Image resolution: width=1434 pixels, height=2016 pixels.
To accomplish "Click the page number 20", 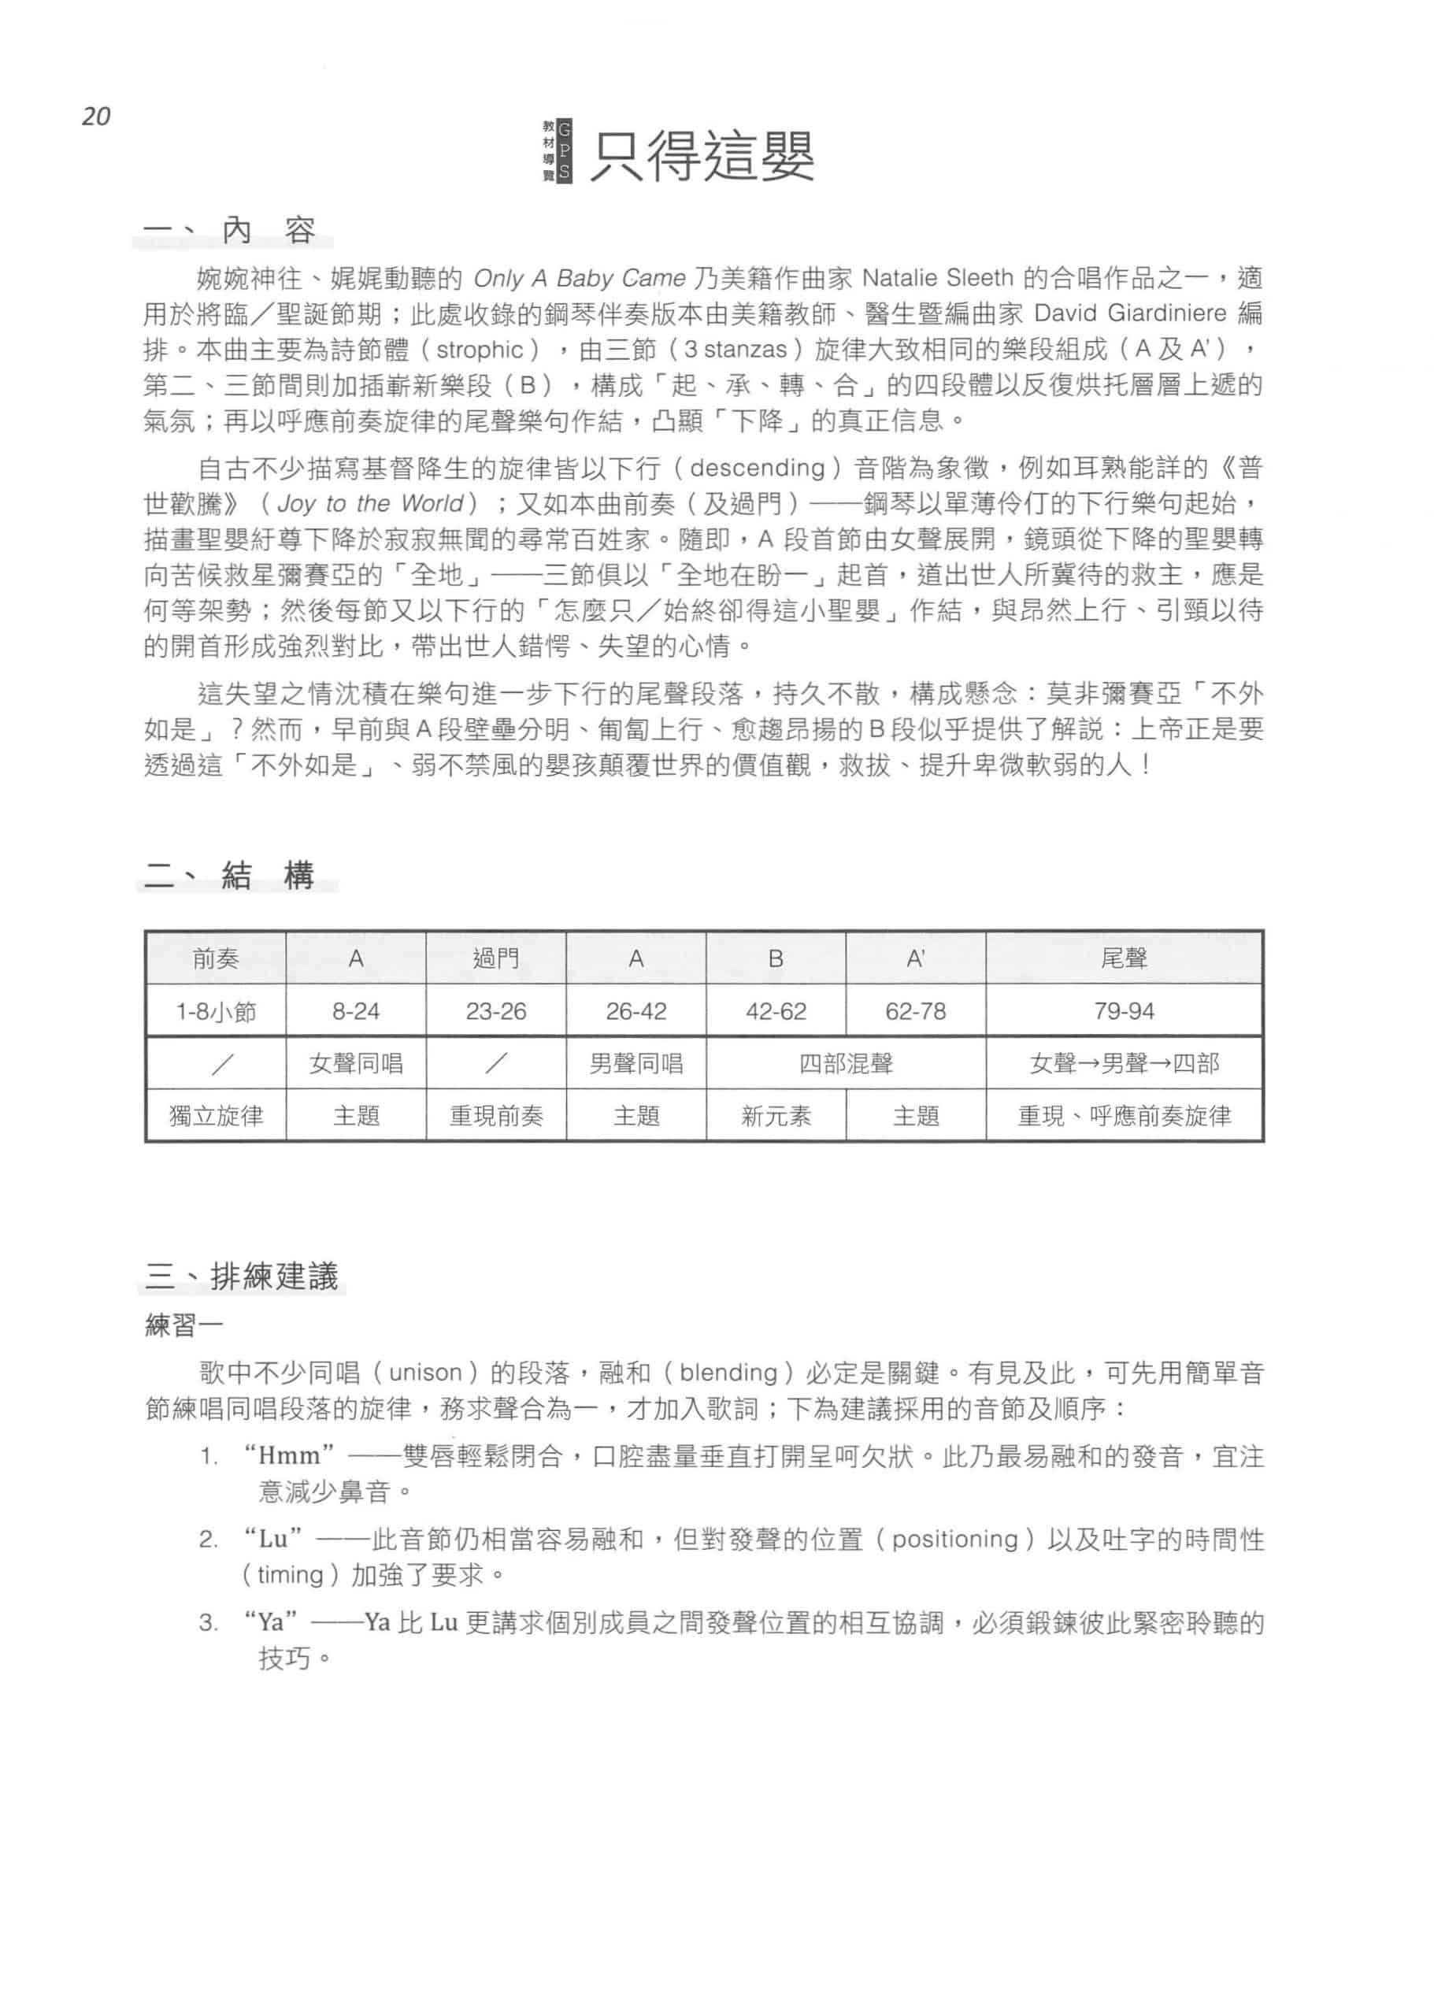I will [x=96, y=117].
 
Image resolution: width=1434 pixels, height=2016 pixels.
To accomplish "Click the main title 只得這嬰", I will [x=702, y=156].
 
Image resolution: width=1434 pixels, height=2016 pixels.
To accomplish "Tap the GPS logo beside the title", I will [x=558, y=151].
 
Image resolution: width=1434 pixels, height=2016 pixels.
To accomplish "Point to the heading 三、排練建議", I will [x=242, y=1276].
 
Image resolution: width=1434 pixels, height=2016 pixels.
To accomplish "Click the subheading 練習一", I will [x=183, y=1325].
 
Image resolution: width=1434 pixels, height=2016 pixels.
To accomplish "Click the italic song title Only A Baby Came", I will [x=580, y=278].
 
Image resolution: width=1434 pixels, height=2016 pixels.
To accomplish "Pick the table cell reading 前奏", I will [x=216, y=958].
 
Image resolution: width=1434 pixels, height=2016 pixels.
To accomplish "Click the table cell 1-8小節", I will [x=216, y=1011].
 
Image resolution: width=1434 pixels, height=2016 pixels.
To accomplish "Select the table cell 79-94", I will [x=1123, y=1011].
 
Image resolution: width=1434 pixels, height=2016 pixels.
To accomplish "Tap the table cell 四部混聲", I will [x=845, y=1063].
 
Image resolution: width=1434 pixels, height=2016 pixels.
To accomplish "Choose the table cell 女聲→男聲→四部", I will [x=1123, y=1063].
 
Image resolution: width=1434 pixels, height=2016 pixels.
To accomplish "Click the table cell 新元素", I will [x=776, y=1116].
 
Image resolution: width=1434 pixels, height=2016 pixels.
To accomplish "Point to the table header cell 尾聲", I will [x=1123, y=958].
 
